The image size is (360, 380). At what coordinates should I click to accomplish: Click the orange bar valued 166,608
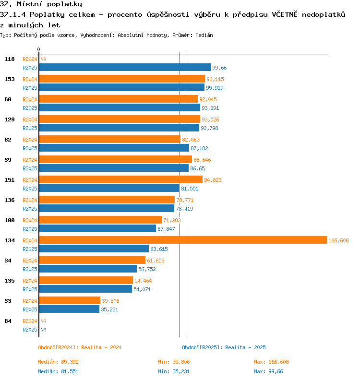pyautogui.click(x=183, y=240)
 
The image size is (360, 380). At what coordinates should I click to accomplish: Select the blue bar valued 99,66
pyautogui.click(x=125, y=67)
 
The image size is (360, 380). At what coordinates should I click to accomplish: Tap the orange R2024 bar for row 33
pyautogui.click(x=70, y=300)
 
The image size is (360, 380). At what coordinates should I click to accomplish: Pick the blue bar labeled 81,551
pyautogui.click(x=109, y=188)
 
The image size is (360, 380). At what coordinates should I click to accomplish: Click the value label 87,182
pyautogui.click(x=199, y=148)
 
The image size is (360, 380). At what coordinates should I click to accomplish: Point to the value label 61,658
pyautogui.click(x=156, y=261)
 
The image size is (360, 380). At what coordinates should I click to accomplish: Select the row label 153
pyautogui.click(x=10, y=79)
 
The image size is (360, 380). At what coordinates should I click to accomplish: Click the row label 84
pyautogui.click(x=8, y=321)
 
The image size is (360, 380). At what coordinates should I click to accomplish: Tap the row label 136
pyautogui.click(x=10, y=200)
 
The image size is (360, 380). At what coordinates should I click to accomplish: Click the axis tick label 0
pyautogui.click(x=38, y=49)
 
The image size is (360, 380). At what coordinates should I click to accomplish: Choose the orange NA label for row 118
pyautogui.click(x=43, y=59)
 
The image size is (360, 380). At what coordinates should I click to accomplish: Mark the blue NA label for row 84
pyautogui.click(x=43, y=330)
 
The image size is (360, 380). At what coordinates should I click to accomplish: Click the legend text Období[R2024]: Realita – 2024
pyautogui.click(x=80, y=347)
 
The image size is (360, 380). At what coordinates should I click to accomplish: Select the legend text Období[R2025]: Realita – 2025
pyautogui.click(x=224, y=347)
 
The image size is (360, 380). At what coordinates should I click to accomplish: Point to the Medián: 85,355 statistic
pyautogui.click(x=58, y=362)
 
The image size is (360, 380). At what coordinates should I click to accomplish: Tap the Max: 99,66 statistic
pyautogui.click(x=268, y=371)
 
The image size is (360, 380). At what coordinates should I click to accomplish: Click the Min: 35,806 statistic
pyautogui.click(x=174, y=362)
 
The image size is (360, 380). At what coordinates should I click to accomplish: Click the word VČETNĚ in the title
pyautogui.click(x=285, y=14)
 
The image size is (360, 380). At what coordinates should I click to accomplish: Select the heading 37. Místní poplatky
pyautogui.click(x=41, y=4)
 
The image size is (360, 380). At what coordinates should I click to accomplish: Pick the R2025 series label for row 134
pyautogui.click(x=30, y=249)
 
